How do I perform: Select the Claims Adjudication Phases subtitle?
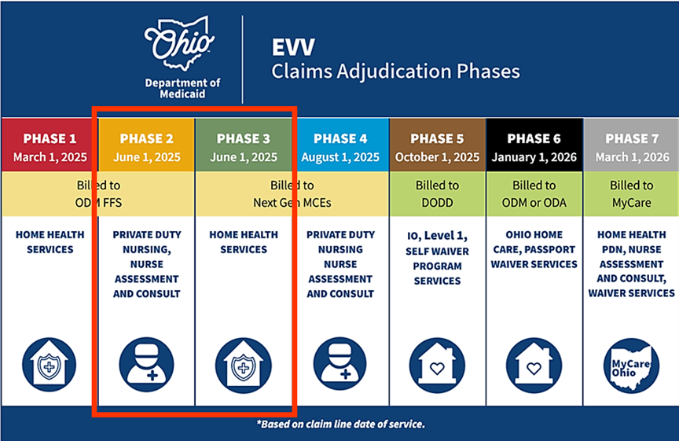click(395, 72)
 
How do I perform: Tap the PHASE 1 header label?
click(50, 138)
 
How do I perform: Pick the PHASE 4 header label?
click(340, 138)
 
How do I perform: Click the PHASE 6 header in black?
click(534, 138)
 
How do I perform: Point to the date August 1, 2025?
click(340, 157)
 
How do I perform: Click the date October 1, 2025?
click(437, 157)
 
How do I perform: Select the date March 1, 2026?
click(631, 157)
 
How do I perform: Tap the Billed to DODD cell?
click(437, 193)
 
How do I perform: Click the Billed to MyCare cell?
click(631, 193)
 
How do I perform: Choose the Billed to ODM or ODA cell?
click(534, 193)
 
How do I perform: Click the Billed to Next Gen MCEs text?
click(292, 193)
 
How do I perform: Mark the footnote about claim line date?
click(340, 424)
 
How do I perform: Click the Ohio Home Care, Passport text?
click(534, 249)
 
